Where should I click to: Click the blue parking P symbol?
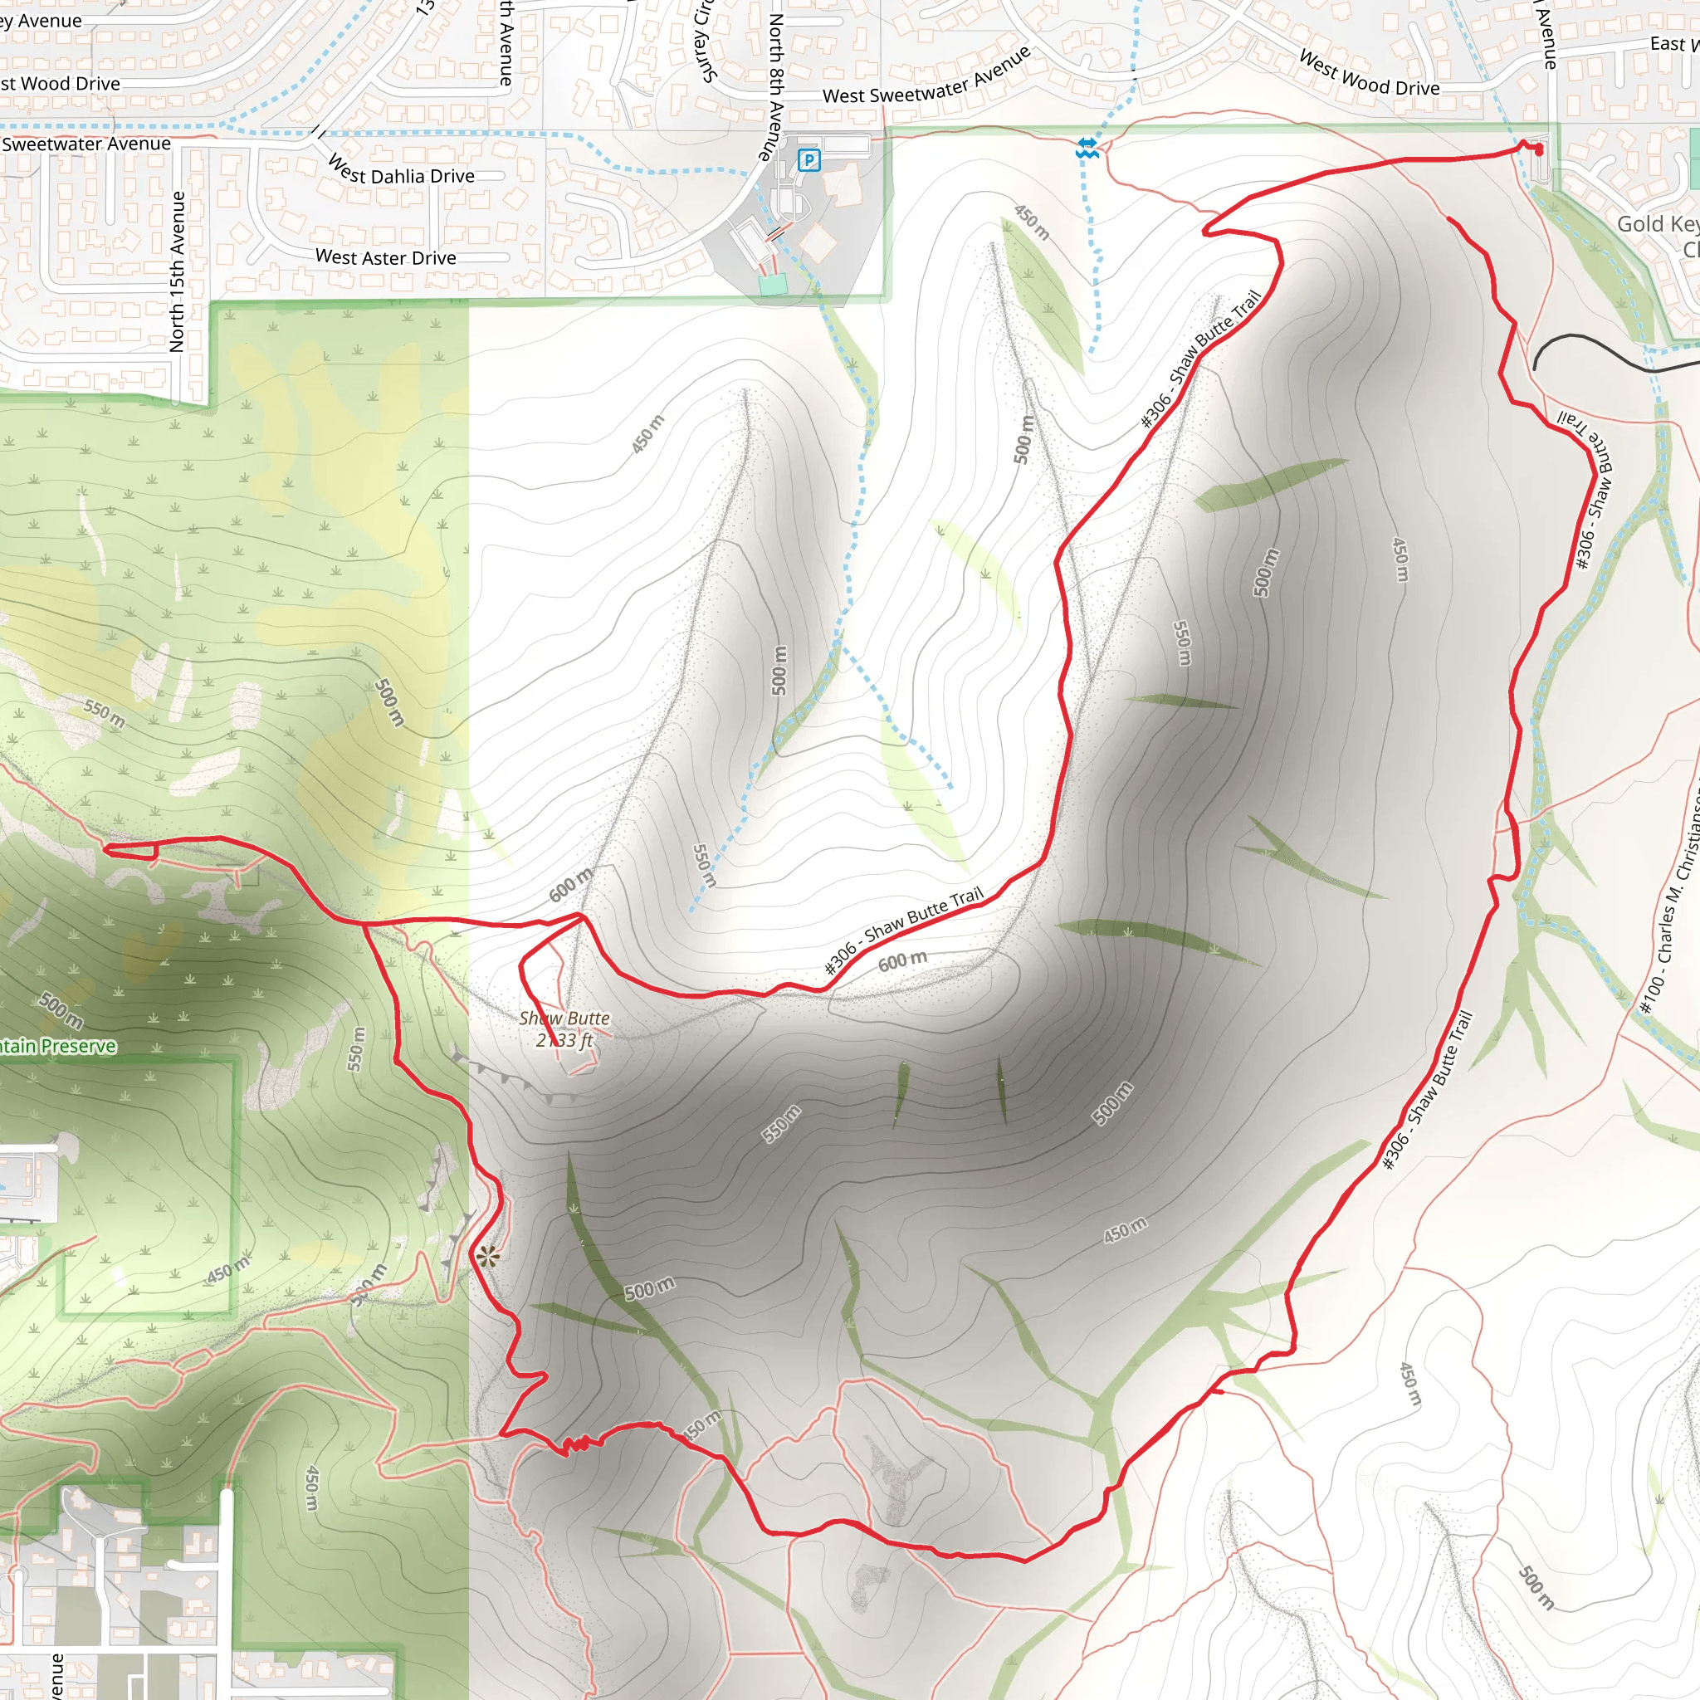(808, 160)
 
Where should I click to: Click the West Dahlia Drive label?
(400, 171)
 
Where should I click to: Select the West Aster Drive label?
(385, 257)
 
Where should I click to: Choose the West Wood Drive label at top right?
(1369, 74)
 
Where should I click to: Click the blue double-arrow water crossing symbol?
(1087, 147)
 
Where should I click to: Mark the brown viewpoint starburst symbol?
(487, 1258)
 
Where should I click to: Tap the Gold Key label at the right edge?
(1656, 224)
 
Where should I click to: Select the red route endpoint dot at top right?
(1539, 151)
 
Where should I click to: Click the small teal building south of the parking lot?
(772, 284)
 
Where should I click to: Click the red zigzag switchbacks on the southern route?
(576, 1444)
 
